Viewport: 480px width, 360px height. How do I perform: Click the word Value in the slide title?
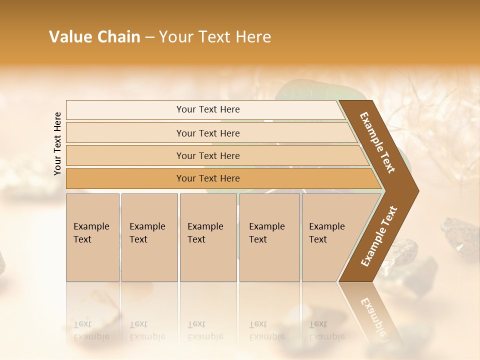click(x=70, y=37)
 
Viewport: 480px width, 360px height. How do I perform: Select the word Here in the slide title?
click(x=252, y=37)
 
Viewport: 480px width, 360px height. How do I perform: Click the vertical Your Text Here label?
click(x=57, y=143)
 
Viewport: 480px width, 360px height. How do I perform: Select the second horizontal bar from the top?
click(x=208, y=133)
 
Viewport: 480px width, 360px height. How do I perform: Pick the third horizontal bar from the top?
click(x=208, y=155)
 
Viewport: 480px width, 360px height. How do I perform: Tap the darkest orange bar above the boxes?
click(x=208, y=178)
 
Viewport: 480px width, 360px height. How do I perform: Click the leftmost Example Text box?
click(x=92, y=237)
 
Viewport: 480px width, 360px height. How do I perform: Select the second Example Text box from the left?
click(x=149, y=237)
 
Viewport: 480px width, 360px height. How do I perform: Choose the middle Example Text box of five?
click(x=208, y=237)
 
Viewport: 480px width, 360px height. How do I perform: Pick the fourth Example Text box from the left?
click(x=269, y=237)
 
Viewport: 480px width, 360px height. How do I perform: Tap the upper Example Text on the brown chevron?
click(x=377, y=142)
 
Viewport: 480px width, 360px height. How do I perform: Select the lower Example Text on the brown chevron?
click(x=379, y=236)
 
